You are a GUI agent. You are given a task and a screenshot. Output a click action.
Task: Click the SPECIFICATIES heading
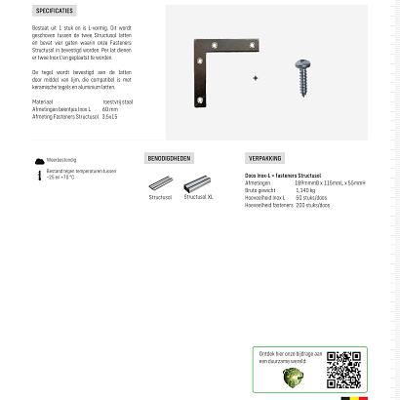pos(54,11)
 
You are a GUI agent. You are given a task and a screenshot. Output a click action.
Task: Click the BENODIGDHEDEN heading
pos(169,158)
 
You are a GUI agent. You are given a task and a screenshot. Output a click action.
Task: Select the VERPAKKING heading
pos(264,158)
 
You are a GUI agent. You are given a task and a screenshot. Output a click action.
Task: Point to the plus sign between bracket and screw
pos(256,78)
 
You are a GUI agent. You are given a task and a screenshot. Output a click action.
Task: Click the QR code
pos(343,370)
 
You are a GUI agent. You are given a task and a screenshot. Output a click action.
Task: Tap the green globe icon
pos(293,378)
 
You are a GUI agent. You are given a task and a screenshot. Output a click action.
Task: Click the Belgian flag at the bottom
pos(354,397)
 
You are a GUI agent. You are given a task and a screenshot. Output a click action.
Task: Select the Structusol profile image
pos(160,183)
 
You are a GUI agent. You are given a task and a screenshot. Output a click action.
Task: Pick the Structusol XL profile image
pos(197,182)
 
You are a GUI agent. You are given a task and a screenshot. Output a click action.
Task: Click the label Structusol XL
pos(198,197)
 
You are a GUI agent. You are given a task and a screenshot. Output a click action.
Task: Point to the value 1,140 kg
pos(305,190)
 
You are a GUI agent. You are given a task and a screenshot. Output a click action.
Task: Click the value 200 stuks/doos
pos(313,205)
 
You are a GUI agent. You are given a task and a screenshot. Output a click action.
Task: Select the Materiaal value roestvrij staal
pos(117,101)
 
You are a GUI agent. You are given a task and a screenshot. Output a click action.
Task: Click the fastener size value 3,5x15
pos(109,116)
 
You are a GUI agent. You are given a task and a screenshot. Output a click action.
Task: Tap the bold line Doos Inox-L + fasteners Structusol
pos(283,176)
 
